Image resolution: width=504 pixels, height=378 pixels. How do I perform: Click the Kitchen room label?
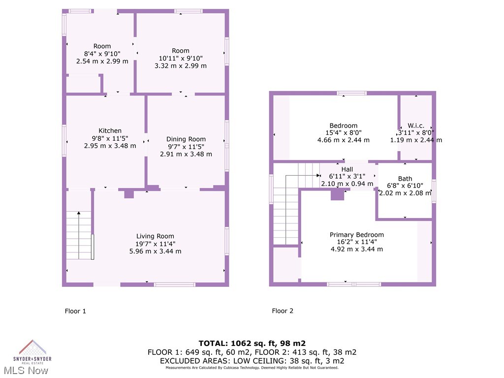click(110, 130)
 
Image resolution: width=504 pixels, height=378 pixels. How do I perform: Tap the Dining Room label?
click(186, 139)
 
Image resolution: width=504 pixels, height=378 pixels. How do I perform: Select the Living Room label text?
click(155, 236)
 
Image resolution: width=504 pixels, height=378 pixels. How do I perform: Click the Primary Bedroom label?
click(356, 235)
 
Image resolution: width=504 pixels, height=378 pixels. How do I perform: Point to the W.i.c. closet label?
click(416, 126)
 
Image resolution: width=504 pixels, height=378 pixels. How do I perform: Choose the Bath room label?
click(405, 179)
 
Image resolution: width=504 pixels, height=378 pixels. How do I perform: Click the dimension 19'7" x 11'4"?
click(155, 244)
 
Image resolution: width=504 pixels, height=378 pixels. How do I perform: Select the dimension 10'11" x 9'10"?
click(181, 58)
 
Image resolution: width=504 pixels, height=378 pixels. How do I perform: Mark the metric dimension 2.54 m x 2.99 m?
click(102, 61)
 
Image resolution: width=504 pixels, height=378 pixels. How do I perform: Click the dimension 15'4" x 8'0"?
click(344, 132)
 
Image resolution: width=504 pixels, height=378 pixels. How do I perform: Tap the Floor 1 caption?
click(75, 311)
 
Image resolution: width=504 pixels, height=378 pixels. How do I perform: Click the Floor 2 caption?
click(283, 311)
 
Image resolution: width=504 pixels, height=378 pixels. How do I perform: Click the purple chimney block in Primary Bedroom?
click(337, 194)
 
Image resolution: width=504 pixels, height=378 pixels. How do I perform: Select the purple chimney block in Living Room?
click(129, 193)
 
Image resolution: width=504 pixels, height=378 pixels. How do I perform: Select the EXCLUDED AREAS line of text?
click(252, 360)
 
